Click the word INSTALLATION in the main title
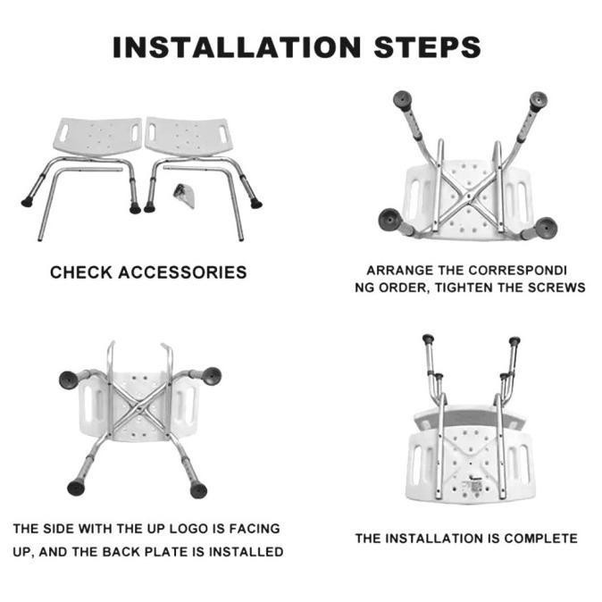click(237, 47)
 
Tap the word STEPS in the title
click(427, 47)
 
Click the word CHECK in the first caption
click(80, 272)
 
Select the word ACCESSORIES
click(182, 272)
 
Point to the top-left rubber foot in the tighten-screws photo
click(402, 100)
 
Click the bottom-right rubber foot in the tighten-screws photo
click(545, 227)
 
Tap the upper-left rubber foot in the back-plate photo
click(70, 380)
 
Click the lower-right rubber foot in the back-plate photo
click(198, 489)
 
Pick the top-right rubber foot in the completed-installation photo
click(514, 340)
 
